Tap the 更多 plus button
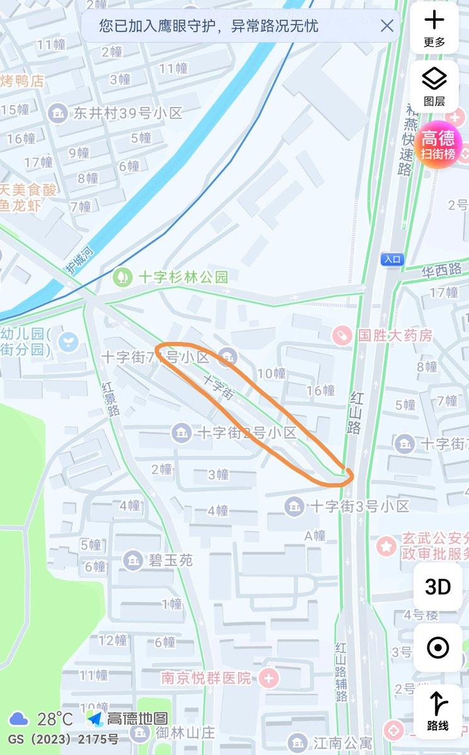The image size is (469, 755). coord(434,28)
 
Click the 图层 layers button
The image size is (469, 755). coord(434,86)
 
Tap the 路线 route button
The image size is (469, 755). coord(437,712)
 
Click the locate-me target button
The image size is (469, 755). coord(437,647)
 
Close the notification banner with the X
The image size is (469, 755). coord(387,26)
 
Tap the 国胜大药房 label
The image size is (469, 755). coord(395,335)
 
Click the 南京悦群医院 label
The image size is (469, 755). coord(206,678)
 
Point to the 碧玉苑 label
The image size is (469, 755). coord(170,560)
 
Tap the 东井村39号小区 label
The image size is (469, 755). coord(127,113)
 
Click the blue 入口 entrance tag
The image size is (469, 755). coord(392,259)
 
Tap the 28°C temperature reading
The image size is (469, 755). coord(55,718)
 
